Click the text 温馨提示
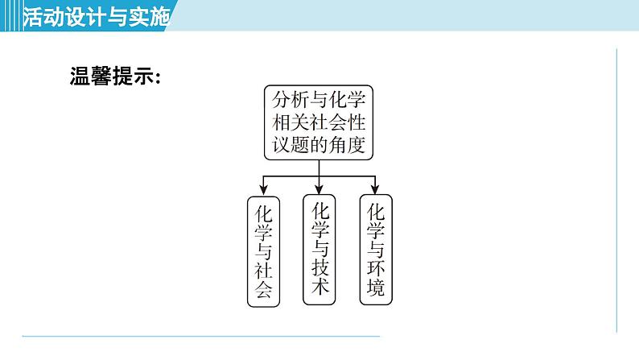[x=116, y=78]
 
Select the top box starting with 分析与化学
[x=319, y=122]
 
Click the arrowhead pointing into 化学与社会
[x=263, y=190]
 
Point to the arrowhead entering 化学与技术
[x=319, y=190]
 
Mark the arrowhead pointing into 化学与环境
[x=375, y=190]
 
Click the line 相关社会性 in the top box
[x=319, y=122]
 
